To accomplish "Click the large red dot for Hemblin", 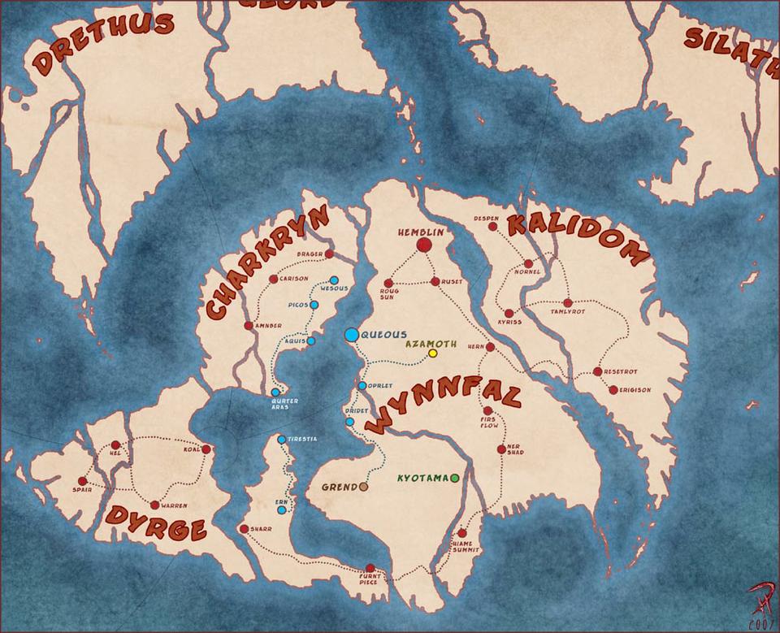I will point(423,245).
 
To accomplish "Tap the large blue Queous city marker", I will point(351,334).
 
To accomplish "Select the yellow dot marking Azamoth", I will point(432,353).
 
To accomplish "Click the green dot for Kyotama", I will point(455,478).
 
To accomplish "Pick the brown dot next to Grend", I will point(363,487).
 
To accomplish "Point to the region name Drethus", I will point(103,45).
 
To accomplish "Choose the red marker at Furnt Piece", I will point(370,569).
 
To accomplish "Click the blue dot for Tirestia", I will point(282,440).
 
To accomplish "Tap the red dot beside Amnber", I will point(248,326).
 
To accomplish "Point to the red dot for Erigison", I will point(613,390).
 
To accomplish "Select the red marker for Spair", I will point(82,481).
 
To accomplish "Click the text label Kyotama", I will point(422,478).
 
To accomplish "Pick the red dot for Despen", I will point(492,227).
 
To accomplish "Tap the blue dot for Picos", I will point(314,305).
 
